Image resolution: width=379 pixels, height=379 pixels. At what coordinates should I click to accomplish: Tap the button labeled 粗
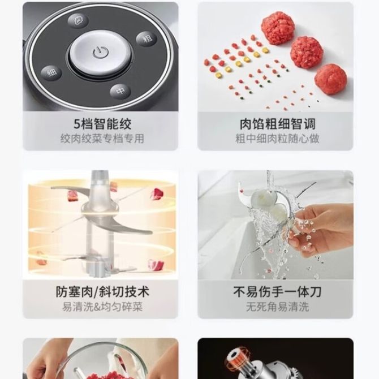point(147,38)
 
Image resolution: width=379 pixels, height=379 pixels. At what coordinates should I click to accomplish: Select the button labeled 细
point(51,72)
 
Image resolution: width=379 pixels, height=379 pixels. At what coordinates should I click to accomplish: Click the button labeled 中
point(120,91)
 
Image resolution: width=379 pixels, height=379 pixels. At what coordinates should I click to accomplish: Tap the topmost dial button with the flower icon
point(77,20)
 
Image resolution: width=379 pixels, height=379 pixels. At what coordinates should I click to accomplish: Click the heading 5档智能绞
point(102,124)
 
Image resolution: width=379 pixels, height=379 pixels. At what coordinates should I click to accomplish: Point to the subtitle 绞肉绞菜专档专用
point(102,139)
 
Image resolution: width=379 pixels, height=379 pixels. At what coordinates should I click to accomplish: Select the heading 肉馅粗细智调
point(278,124)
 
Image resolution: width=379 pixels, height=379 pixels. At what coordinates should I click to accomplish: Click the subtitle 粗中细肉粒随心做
point(278,139)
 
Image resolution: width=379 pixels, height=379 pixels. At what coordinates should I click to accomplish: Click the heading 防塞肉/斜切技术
point(102,292)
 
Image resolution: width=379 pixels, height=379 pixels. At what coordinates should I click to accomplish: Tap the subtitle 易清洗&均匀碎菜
point(102,307)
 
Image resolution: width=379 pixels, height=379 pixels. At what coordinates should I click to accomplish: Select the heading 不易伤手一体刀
point(277,292)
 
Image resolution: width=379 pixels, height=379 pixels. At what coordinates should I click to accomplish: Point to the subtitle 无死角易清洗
point(278,307)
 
